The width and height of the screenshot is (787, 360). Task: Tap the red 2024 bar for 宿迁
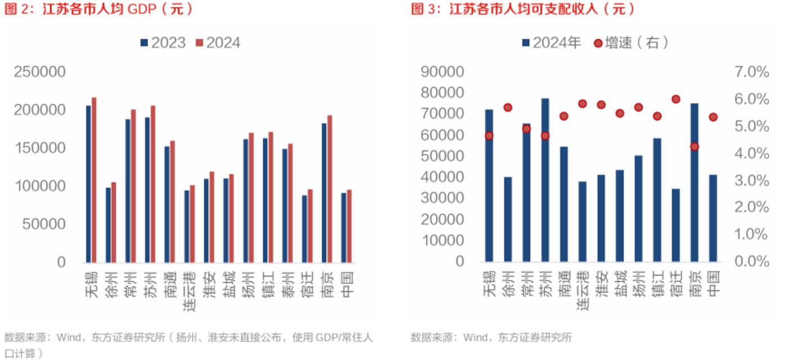[310, 226]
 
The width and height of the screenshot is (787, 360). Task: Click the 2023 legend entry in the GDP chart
[163, 43]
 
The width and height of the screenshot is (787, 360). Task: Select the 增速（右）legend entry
[632, 43]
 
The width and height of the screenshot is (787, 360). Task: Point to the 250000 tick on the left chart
[40, 72]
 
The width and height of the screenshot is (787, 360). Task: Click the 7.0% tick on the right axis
[751, 72]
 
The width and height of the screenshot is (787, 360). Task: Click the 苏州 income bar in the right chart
[545, 180]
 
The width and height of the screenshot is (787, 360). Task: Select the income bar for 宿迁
[676, 225]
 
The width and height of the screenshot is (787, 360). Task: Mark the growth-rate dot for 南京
[695, 147]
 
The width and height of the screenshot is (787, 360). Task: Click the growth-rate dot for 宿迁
[676, 99]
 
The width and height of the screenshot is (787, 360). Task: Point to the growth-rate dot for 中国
[713, 117]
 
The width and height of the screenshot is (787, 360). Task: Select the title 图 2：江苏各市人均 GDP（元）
[99, 9]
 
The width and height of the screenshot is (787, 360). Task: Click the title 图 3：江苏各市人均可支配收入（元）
[524, 9]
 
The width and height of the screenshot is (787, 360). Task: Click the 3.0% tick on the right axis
[751, 181]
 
